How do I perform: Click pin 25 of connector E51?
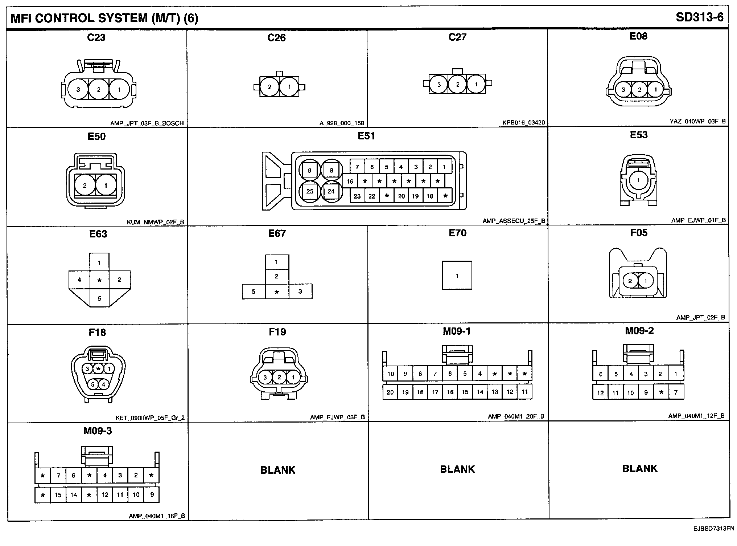[x=310, y=191]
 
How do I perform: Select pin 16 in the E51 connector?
[x=350, y=182]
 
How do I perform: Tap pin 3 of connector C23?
[x=78, y=89]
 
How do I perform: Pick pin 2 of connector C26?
[x=269, y=87]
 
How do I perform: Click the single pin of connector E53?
[x=638, y=180]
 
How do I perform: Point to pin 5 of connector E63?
[x=99, y=298]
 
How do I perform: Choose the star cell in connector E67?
[x=277, y=292]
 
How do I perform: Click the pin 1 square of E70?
[x=457, y=276]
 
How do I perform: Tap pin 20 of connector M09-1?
[x=390, y=392]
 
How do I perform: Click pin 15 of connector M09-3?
[x=58, y=495]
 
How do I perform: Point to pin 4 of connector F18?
[x=104, y=384]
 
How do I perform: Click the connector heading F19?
[x=277, y=332]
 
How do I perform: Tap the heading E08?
[x=638, y=36]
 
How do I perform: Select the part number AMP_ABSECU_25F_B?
[x=514, y=221]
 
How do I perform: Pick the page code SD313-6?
[x=700, y=17]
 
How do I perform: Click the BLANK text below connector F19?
[x=278, y=470]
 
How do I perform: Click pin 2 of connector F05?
[x=630, y=281]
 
